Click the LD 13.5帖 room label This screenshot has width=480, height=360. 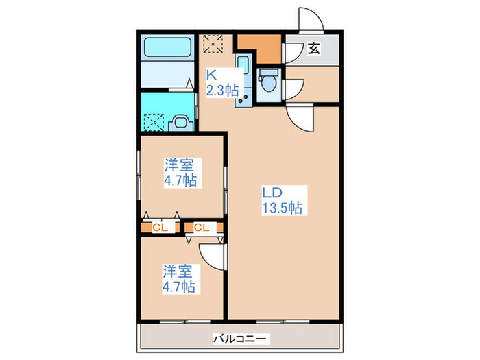pos(283,199)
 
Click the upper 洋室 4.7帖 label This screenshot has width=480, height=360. pos(180,173)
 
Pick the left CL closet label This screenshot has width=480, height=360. pos(158,227)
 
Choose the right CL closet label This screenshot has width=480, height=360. pos(202,227)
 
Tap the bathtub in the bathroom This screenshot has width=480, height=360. pos(169,50)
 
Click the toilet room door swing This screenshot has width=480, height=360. pos(295,88)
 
